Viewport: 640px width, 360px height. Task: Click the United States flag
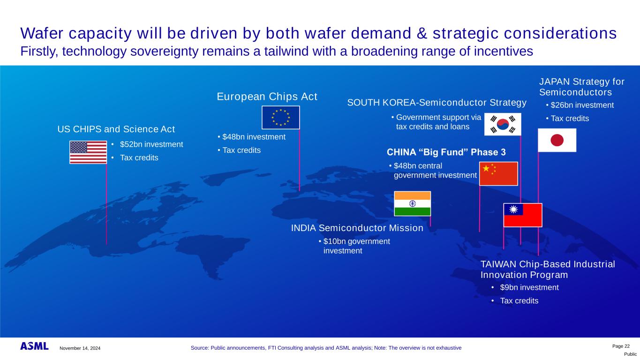click(x=88, y=152)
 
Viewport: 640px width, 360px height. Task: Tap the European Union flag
click(x=280, y=118)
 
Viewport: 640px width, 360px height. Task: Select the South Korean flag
click(x=503, y=124)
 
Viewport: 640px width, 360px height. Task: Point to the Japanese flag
click(x=557, y=140)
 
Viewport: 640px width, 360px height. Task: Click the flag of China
click(x=498, y=174)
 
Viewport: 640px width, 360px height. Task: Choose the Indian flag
click(x=412, y=204)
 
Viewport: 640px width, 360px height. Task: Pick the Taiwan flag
click(x=523, y=215)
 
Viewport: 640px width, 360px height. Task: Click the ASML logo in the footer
click(x=34, y=346)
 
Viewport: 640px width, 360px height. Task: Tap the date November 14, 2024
click(x=80, y=348)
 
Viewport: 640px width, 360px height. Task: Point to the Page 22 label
click(x=621, y=346)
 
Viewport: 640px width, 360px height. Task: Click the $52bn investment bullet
click(x=151, y=144)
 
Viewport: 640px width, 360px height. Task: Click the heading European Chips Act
click(x=267, y=97)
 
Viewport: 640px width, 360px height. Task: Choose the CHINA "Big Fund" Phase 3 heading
click(x=446, y=152)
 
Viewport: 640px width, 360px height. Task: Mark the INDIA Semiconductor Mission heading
click(x=357, y=228)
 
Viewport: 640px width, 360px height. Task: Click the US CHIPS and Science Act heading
click(x=116, y=129)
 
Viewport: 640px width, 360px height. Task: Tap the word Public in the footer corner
click(x=630, y=354)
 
